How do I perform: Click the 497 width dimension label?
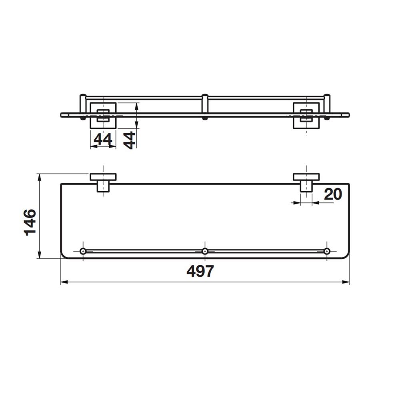click(200, 271)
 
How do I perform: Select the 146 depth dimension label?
click(30, 222)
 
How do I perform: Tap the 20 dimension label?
click(333, 194)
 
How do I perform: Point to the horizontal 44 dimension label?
click(103, 139)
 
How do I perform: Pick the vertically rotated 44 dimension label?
click(129, 140)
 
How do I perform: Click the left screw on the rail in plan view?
click(83, 251)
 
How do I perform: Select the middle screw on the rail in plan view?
click(205, 251)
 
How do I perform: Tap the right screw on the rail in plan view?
click(327, 251)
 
